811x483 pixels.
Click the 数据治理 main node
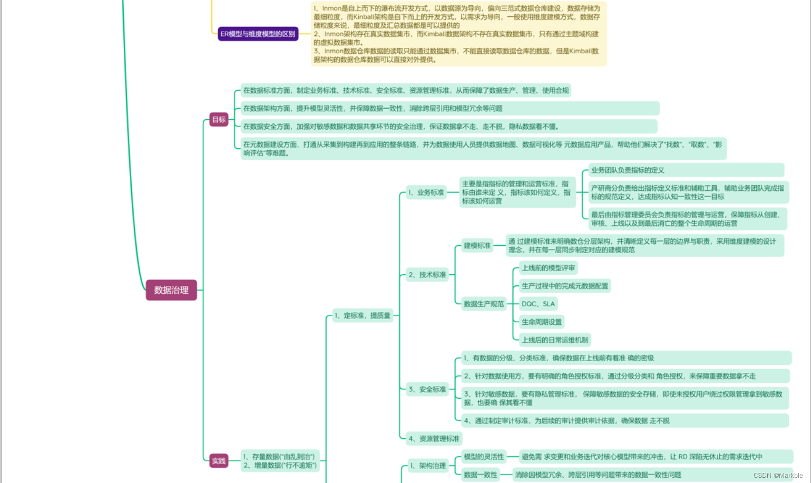[171, 290]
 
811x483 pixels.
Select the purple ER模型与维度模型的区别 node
[258, 34]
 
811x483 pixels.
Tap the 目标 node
[219, 120]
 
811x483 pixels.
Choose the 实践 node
[219, 461]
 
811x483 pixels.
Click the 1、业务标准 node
[426, 192]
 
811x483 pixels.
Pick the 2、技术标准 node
[427, 275]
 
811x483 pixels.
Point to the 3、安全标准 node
[427, 390]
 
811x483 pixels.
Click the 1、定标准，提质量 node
[363, 316]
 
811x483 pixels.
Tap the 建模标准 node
[477, 246]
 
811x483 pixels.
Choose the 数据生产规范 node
[484, 304]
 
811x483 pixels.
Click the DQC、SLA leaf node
[538, 304]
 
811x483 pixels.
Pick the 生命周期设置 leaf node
[542, 322]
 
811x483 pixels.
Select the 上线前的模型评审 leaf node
[549, 268]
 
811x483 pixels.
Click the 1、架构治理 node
[428, 466]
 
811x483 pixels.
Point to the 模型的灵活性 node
[484, 457]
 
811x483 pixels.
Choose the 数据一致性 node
[481, 475]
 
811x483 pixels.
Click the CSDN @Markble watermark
[778, 476]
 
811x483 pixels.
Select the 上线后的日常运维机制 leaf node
[555, 340]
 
